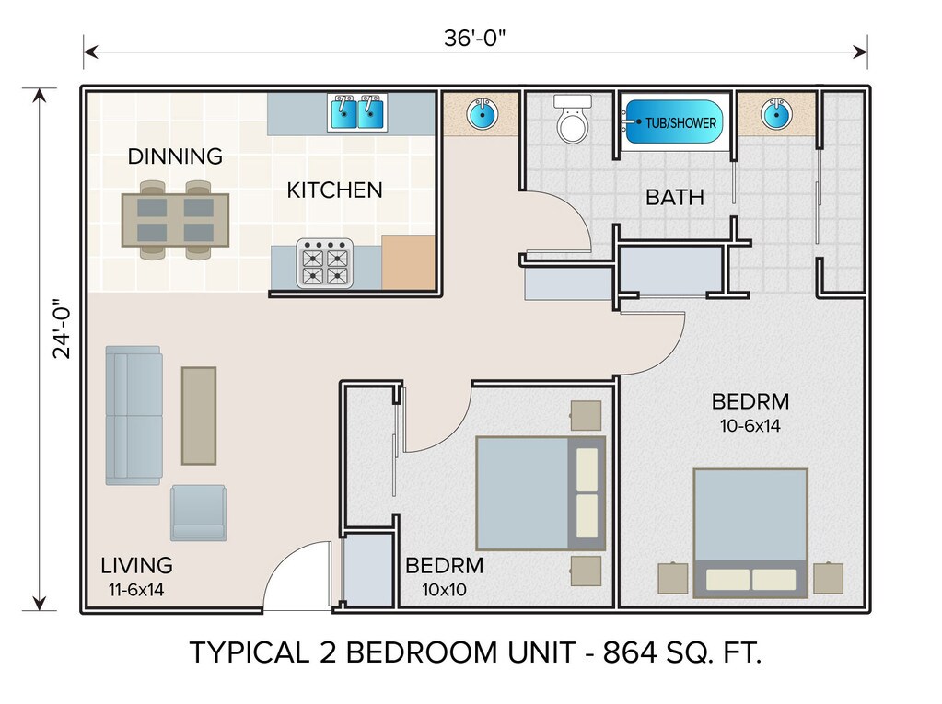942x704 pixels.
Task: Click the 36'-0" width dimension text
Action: pos(474,38)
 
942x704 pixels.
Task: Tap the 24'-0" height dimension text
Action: pos(62,329)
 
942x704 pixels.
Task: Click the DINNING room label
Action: pos(176,156)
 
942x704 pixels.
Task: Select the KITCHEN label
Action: pos(334,190)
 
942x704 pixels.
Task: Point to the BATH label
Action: pos(675,198)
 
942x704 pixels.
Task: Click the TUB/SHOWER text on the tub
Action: pos(680,123)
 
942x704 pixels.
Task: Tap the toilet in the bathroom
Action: pos(573,118)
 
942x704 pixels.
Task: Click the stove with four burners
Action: pos(325,263)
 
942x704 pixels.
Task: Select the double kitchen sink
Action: pos(357,112)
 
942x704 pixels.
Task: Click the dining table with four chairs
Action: pos(176,220)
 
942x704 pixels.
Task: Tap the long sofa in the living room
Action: pos(134,415)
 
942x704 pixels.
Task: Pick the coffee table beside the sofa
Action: pos(199,415)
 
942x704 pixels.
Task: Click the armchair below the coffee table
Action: pos(198,514)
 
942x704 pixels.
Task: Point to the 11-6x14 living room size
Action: pos(136,590)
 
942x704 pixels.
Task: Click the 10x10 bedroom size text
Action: pos(445,590)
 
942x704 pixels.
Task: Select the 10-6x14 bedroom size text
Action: pos(750,426)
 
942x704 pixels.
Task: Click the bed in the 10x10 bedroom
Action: pos(541,493)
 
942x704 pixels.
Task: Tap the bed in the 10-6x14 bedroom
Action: pos(750,533)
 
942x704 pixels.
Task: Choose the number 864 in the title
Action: pos(630,653)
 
